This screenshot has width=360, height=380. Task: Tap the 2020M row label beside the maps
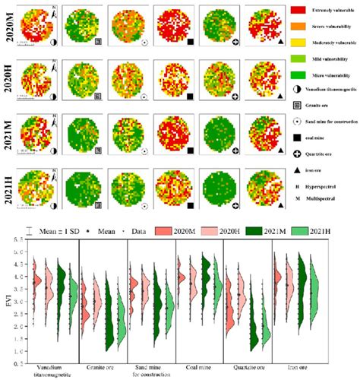click(9, 26)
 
